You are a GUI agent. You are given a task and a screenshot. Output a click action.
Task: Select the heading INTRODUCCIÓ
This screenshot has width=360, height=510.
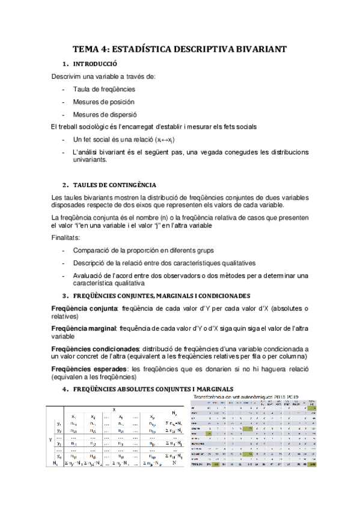[x=95, y=64]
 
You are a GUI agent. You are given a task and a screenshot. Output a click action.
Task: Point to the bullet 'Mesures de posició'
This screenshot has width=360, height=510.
[x=103, y=102]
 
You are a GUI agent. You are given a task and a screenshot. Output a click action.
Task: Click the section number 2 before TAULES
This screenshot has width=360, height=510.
[x=64, y=185]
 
